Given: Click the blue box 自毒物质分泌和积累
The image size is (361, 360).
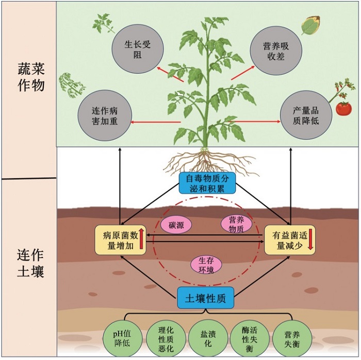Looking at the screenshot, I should (206, 182).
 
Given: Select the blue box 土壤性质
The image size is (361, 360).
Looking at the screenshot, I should (206, 297).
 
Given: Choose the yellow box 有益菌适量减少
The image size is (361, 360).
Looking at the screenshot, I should (289, 241).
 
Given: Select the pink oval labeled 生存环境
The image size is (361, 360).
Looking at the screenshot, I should (206, 264).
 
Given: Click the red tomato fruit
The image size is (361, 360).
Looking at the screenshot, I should (343, 109).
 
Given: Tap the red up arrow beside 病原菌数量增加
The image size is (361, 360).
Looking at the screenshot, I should (141, 240).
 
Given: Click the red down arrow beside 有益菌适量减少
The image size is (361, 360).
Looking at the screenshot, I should (310, 241).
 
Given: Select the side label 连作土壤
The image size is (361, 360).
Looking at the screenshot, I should (29, 263).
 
